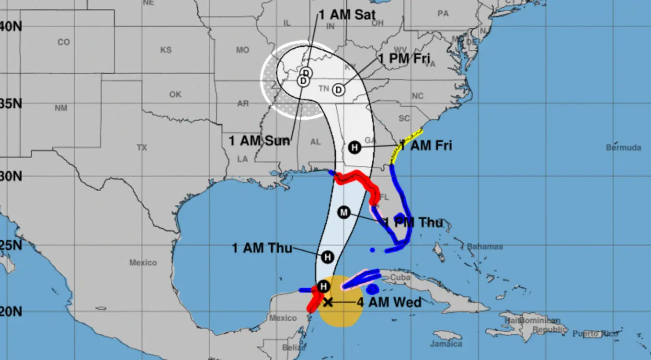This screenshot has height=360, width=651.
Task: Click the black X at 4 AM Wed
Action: (x=328, y=302)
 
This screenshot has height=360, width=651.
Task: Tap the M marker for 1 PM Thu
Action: (x=344, y=212)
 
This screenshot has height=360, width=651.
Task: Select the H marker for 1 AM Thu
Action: (x=328, y=257)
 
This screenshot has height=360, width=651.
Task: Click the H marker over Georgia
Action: (x=354, y=147)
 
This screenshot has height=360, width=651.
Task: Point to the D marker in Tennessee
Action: (x=339, y=90)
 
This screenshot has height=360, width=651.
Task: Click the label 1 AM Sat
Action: (x=347, y=14)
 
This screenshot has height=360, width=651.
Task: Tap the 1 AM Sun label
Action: (x=259, y=141)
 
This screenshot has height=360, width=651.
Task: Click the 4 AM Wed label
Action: (x=389, y=302)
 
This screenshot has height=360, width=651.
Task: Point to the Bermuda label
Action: (x=623, y=147)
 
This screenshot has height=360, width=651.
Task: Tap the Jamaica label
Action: (x=446, y=344)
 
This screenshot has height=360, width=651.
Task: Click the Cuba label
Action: (x=400, y=277)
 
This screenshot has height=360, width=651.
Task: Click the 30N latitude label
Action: (x=11, y=176)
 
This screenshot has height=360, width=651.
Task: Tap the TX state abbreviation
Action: (x=142, y=147)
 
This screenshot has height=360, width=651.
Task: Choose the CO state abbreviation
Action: (x=64, y=42)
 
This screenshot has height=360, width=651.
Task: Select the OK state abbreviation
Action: (x=175, y=94)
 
